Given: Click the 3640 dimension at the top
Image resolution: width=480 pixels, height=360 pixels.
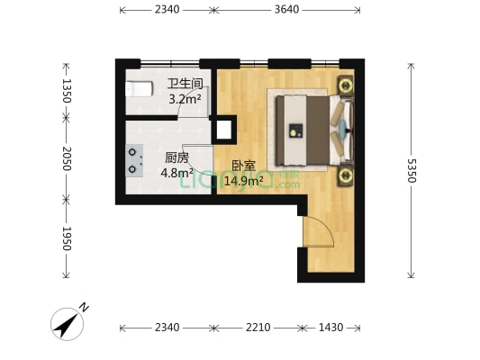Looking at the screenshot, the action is pyautogui.click(x=286, y=10).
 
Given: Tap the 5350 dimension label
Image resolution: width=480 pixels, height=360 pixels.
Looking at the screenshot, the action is pyautogui.click(x=412, y=170).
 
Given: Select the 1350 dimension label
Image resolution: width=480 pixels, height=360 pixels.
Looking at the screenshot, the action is pyautogui.click(x=67, y=91).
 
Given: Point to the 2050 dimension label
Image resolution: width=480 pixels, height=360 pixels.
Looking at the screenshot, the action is pyautogui.click(x=67, y=158).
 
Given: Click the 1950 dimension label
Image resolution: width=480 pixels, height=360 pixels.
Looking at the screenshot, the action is pyautogui.click(x=67, y=238).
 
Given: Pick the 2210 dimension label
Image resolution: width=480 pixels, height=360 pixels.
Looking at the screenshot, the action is pyautogui.click(x=258, y=328).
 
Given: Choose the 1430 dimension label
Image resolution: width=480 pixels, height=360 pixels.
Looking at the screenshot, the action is pyautogui.click(x=331, y=328).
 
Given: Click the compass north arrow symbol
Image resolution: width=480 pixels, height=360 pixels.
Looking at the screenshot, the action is pyautogui.click(x=68, y=324).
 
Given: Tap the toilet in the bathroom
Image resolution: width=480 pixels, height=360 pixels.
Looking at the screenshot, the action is pyautogui.click(x=139, y=89).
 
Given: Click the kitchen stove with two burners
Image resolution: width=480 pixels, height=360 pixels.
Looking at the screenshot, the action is pyautogui.click(x=134, y=160).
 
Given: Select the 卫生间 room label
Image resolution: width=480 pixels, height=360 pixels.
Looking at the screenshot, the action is pyautogui.click(x=186, y=84).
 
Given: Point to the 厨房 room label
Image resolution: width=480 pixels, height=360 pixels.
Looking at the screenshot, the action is pyautogui.click(x=177, y=158).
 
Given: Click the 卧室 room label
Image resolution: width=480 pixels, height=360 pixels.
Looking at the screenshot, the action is pyautogui.click(x=244, y=166).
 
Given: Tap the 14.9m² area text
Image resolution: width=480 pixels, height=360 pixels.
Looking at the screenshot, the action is pyautogui.click(x=244, y=181).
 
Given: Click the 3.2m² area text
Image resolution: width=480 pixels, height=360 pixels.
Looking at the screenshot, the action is pyautogui.click(x=186, y=99).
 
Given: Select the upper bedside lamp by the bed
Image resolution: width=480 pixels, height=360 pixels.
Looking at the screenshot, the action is pyautogui.click(x=346, y=85).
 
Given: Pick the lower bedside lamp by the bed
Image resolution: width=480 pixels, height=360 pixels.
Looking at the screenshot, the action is pyautogui.click(x=346, y=175).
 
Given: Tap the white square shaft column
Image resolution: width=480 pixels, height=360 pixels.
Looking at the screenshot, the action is pyautogui.click(x=224, y=130).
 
